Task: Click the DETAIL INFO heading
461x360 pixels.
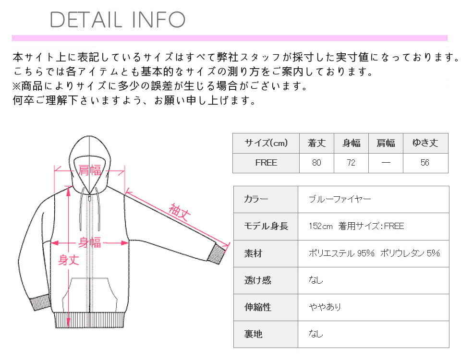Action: [118, 19]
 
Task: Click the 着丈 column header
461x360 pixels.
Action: [316, 143]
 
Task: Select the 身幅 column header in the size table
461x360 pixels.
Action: [351, 143]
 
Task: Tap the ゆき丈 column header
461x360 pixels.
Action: [425, 143]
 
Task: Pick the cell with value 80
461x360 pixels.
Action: [316, 163]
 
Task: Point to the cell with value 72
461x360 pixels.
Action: [351, 163]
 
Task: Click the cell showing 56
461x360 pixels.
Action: [425, 163]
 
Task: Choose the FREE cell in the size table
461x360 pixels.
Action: [266, 163]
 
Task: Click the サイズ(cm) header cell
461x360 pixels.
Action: [266, 143]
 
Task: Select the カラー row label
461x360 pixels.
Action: [256, 199]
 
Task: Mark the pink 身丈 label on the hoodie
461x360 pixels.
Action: [68, 260]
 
